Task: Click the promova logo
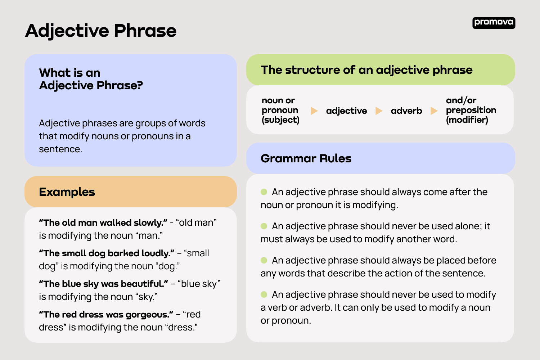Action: [494, 23]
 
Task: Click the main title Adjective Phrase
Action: [101, 31]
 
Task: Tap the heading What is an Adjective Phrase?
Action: [91, 79]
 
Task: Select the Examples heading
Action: [67, 192]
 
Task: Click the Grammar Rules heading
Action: [306, 158]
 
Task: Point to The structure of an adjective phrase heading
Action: [366, 70]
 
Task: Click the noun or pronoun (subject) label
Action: [280, 110]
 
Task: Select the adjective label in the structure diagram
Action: [346, 111]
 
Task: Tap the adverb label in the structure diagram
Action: [406, 111]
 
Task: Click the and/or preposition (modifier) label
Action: [471, 110]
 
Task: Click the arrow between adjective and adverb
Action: [379, 111]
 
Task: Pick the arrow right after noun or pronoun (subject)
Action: [314, 111]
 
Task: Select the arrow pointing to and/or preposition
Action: [434, 111]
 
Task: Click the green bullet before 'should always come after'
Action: [264, 192]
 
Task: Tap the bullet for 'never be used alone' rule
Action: [264, 226]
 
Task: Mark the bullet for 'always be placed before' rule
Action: [264, 260]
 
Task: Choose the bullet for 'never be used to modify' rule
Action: [264, 294]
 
